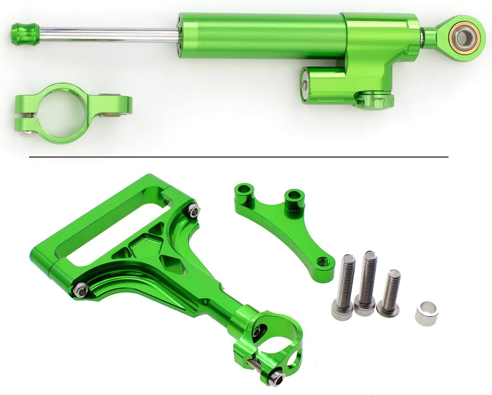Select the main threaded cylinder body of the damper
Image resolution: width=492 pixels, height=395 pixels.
(262, 36)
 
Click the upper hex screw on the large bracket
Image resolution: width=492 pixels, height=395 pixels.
(194, 211)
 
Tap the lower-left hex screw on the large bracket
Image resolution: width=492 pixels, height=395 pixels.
(80, 291)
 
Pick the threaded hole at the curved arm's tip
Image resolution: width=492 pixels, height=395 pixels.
(323, 260)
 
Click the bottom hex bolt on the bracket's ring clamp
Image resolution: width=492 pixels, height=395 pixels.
(276, 378)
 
